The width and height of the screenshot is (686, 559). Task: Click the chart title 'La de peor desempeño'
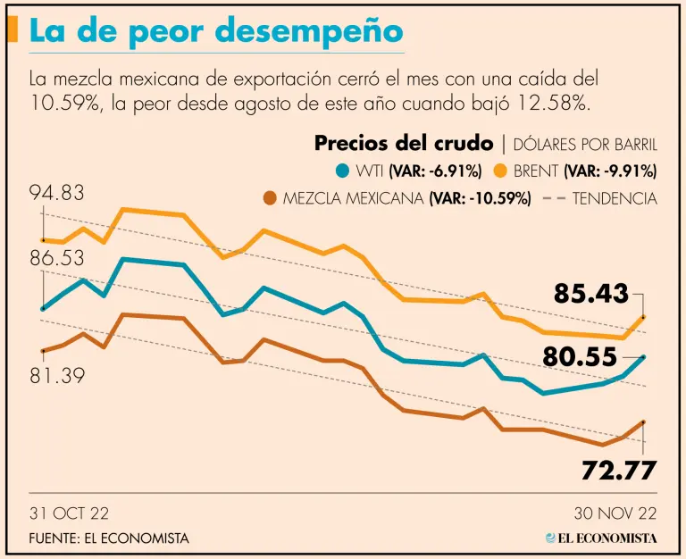pos(215,30)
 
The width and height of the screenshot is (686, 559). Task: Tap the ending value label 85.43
pos(590,293)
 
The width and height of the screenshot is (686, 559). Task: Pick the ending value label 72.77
pos(619,469)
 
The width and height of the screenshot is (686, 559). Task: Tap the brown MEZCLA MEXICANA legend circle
pos(272,198)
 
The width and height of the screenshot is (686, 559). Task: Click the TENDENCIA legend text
pos(615,198)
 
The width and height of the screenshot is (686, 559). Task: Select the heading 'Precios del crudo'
pos(404,144)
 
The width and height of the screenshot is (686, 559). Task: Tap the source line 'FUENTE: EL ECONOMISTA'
pos(109,538)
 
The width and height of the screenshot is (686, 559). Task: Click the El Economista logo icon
pos(551,538)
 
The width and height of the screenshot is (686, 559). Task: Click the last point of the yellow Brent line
pos(643,317)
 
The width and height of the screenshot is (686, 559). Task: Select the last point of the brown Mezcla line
pos(643,422)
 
